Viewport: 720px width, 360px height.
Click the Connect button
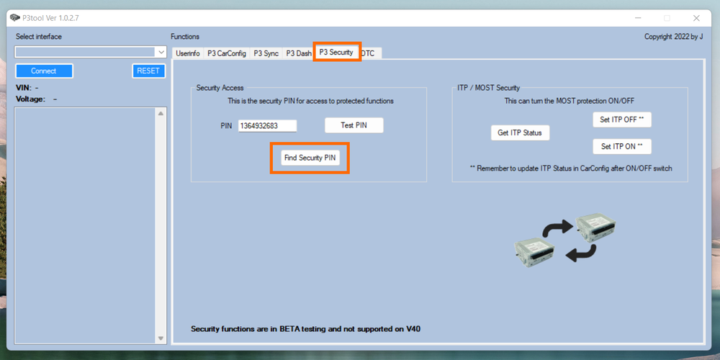pyautogui.click(x=44, y=71)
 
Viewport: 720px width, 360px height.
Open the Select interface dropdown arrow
pyautogui.click(x=161, y=53)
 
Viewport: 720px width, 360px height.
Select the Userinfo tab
pyautogui.click(x=188, y=53)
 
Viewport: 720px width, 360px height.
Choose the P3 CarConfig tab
pyautogui.click(x=226, y=53)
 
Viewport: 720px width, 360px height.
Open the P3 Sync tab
pyautogui.click(x=266, y=53)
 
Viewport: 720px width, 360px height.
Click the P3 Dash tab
pyautogui.click(x=298, y=53)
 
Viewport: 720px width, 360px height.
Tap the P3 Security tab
pyautogui.click(x=336, y=53)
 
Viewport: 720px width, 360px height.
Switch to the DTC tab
pyautogui.click(x=369, y=53)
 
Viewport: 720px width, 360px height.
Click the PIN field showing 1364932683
pyautogui.click(x=267, y=126)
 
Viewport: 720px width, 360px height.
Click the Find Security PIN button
pyautogui.click(x=310, y=158)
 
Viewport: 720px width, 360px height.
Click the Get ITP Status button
pyautogui.click(x=520, y=132)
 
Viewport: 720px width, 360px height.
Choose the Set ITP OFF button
pyautogui.click(x=622, y=120)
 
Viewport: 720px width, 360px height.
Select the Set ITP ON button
pyautogui.click(x=622, y=146)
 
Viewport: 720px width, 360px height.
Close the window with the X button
pyautogui.click(x=696, y=17)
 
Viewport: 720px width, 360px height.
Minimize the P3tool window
pyautogui.click(x=638, y=17)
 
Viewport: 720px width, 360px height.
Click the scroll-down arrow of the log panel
pyautogui.click(x=161, y=338)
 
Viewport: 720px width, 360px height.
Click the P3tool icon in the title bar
pyautogui.click(x=14, y=17)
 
